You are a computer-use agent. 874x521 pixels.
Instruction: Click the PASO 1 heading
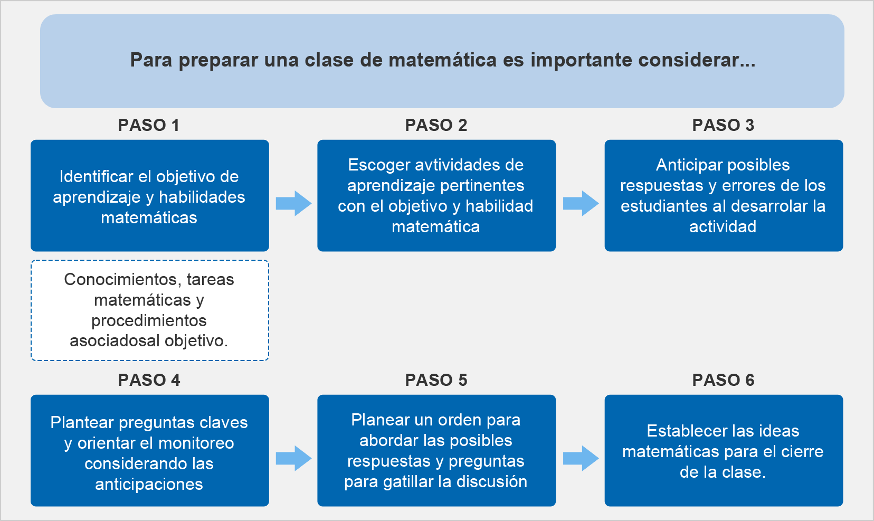pos(149,125)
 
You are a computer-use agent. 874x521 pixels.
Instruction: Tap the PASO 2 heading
pos(436,125)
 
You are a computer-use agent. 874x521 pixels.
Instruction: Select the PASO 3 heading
pos(723,125)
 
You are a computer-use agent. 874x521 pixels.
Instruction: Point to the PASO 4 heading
pos(149,380)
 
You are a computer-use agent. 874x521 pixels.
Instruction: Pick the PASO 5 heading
pos(436,380)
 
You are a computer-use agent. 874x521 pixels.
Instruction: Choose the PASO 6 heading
pos(723,380)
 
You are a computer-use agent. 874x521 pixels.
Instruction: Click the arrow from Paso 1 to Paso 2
pos(293,203)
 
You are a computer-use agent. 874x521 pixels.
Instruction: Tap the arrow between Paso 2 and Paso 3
pos(581,203)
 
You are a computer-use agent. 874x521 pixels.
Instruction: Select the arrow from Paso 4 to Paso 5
pos(293,458)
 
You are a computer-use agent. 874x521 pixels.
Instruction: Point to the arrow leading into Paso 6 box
pos(581,458)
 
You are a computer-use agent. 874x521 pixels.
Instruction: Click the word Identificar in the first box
pos(96,177)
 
